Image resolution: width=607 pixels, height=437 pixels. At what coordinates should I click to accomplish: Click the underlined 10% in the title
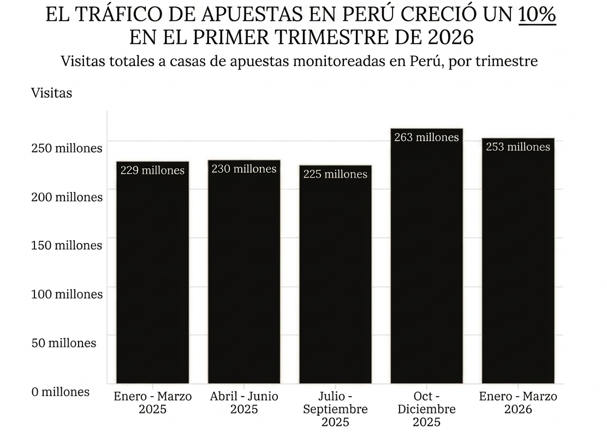point(537,15)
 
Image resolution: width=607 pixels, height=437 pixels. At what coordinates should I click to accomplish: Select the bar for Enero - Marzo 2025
point(152,273)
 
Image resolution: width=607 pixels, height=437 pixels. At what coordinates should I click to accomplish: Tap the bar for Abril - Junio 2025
point(244,273)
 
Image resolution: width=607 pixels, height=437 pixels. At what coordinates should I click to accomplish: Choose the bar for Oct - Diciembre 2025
point(426,262)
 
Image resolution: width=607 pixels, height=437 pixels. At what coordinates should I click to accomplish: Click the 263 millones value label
point(426,138)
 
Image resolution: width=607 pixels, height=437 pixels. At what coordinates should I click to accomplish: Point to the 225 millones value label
point(335,174)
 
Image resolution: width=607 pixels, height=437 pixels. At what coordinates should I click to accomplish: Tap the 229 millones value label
point(152,170)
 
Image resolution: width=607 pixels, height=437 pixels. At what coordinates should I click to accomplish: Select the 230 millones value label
point(244,169)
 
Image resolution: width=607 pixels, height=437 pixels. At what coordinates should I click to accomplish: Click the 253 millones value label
point(518,147)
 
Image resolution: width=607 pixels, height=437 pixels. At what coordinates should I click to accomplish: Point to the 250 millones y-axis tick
point(67,148)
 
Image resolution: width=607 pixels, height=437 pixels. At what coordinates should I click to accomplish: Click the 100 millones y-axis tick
point(67,294)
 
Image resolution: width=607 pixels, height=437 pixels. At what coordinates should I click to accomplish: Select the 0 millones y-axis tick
point(60,392)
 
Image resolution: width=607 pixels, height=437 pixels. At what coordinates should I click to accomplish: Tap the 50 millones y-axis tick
point(64,343)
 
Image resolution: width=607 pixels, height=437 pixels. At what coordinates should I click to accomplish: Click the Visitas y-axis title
point(51,93)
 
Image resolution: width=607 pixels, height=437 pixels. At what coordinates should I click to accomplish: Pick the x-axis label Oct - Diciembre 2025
point(426,409)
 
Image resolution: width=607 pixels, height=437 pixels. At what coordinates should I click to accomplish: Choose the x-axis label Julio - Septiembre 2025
point(335,409)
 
